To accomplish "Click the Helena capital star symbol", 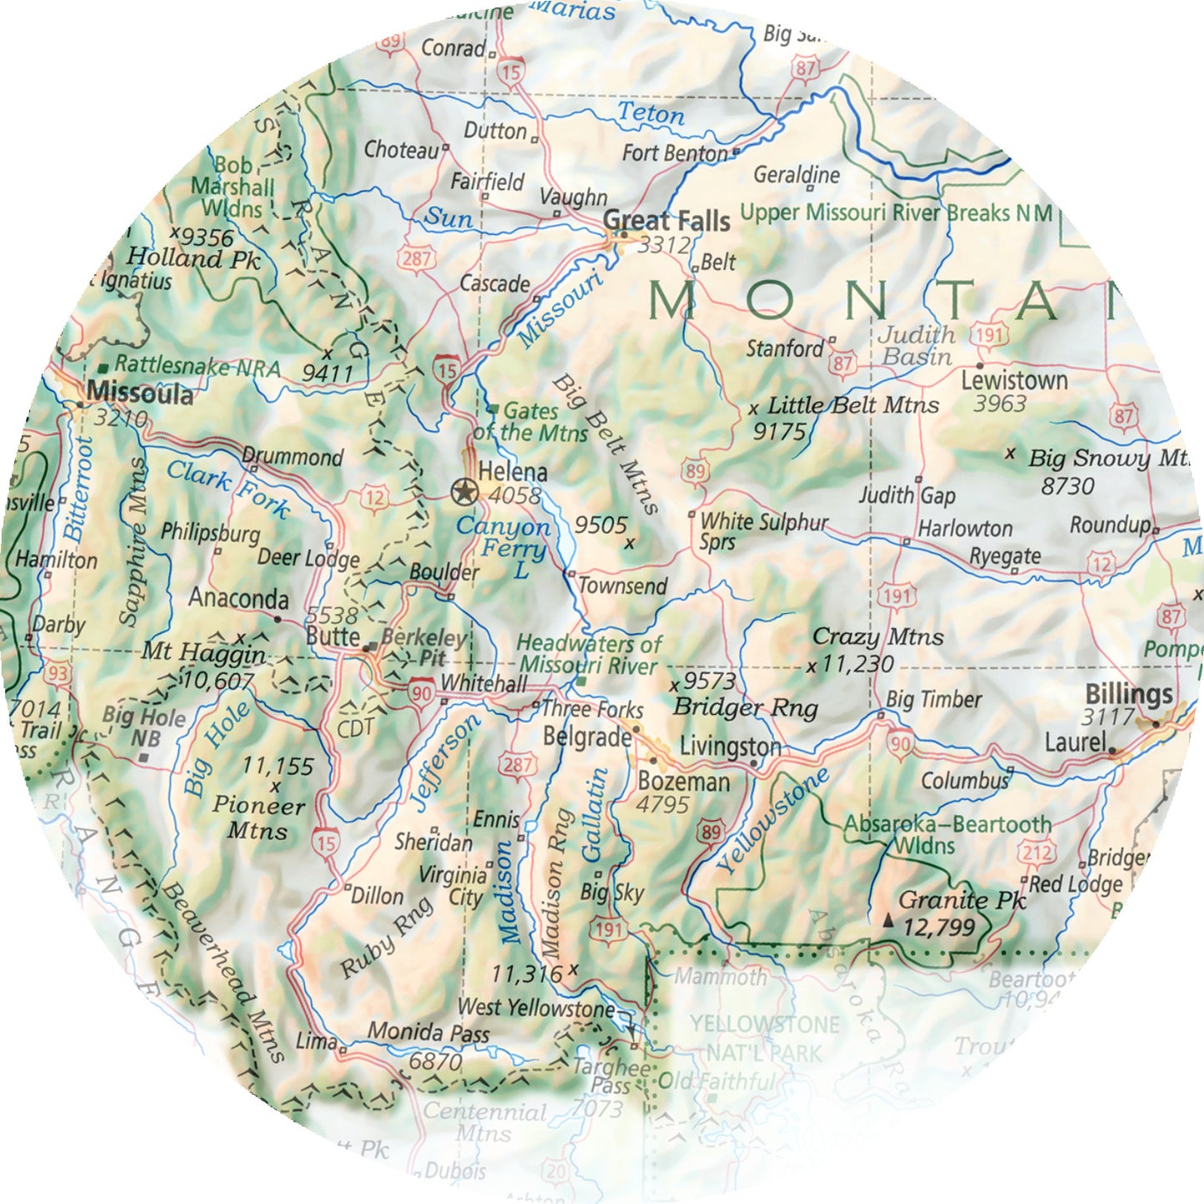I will coord(463,492).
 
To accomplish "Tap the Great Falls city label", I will coord(666,221).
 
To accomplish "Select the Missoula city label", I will coord(139,392).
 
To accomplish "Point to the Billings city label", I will coord(1128,694).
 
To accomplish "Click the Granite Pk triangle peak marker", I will coord(888,921).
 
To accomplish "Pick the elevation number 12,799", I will coord(938,927).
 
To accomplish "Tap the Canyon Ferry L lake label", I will coord(502,547).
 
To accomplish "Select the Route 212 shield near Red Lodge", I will coord(1037,853).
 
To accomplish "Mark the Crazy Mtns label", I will coord(877,637).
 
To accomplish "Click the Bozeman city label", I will coord(683,782).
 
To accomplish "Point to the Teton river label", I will coord(650,113).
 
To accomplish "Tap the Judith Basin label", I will coord(917,346).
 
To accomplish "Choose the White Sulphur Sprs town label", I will coord(763,532).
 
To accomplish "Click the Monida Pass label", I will coord(428,1032).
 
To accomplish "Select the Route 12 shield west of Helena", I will coord(375,499).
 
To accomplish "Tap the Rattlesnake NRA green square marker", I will coord(103,367).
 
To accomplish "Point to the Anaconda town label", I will coord(238,598).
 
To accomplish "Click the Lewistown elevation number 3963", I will coord(1000,404).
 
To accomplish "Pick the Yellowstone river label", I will coord(772,821).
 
